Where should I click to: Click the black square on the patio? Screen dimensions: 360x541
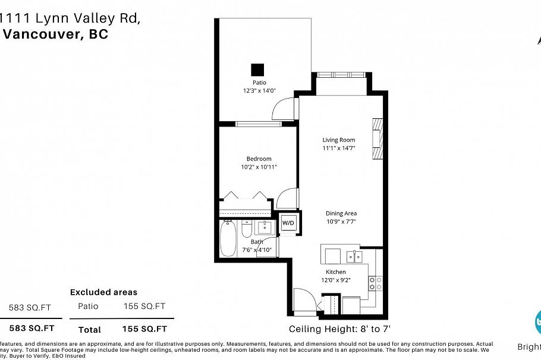click(x=257, y=70)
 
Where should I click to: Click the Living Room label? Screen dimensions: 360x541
click(x=338, y=140)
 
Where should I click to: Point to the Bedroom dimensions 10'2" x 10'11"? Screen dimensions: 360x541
click(x=259, y=167)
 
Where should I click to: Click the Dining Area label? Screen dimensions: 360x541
click(x=341, y=213)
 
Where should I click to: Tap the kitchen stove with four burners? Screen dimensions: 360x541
click(x=375, y=283)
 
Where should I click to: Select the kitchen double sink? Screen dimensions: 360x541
click(x=354, y=256)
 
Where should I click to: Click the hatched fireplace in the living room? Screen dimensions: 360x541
click(x=376, y=139)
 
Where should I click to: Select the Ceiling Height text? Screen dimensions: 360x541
click(x=339, y=329)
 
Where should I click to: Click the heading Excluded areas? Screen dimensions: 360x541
click(x=103, y=292)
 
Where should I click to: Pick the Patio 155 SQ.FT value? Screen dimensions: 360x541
click(x=144, y=307)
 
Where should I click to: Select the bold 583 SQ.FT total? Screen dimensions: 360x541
click(x=32, y=328)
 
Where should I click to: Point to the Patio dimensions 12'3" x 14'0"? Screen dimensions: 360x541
click(x=259, y=91)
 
